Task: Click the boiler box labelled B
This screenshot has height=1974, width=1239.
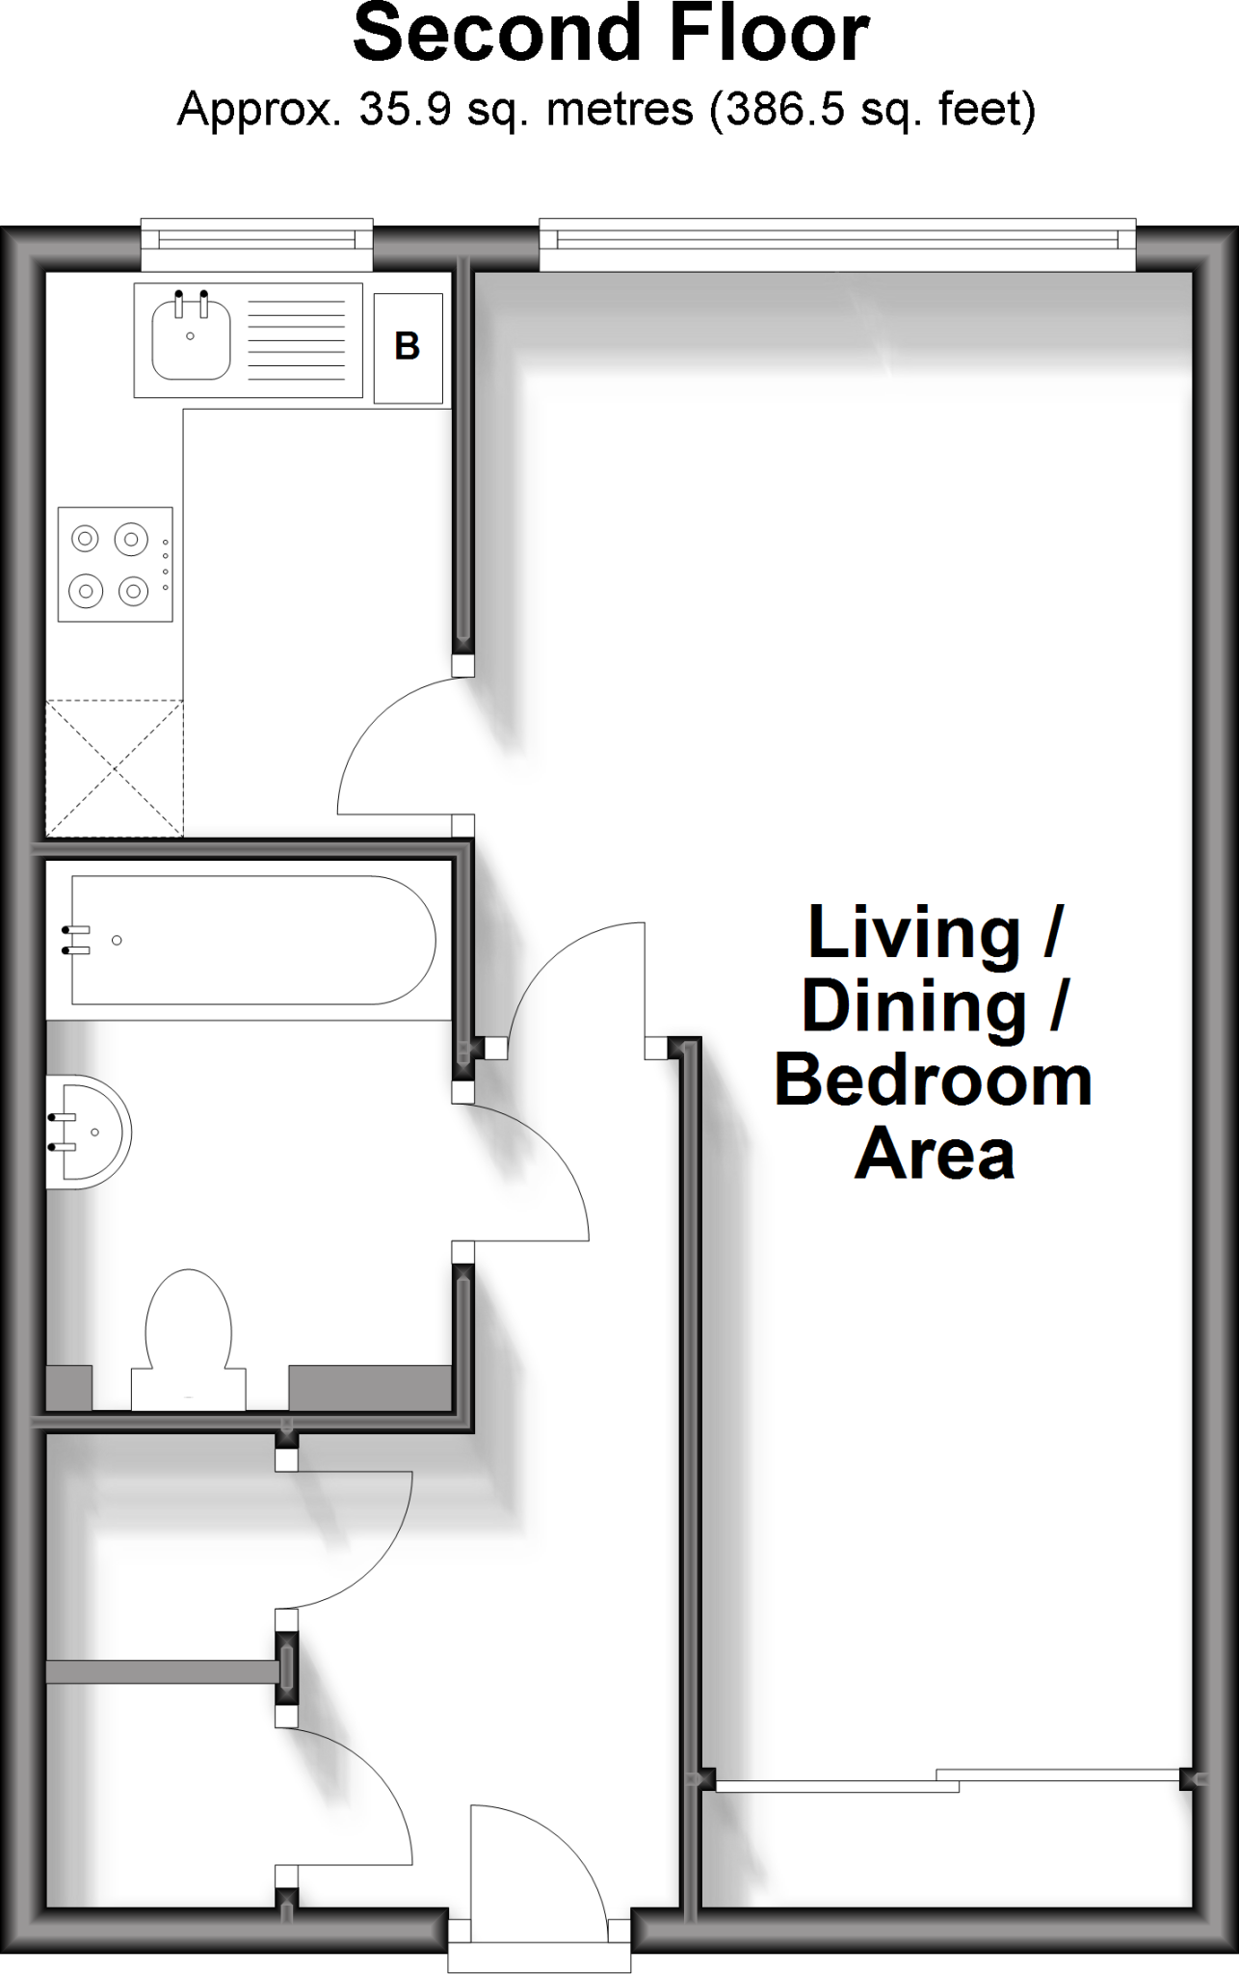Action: [409, 347]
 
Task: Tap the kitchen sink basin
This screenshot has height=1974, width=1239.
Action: [191, 338]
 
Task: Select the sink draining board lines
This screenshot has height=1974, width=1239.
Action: [297, 339]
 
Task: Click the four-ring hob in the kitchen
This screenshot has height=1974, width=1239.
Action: [115, 565]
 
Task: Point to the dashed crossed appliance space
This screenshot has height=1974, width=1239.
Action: [115, 768]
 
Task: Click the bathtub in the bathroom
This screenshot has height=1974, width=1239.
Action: [252, 940]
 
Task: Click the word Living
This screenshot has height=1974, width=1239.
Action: [913, 932]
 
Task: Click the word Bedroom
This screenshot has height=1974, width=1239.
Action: [933, 1080]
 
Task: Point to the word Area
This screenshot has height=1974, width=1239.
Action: [934, 1154]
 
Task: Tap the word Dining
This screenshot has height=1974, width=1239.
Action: [913, 1006]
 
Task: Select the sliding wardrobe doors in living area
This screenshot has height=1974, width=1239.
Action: [948, 1780]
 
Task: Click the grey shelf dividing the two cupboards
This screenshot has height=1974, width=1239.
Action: [160, 1671]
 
